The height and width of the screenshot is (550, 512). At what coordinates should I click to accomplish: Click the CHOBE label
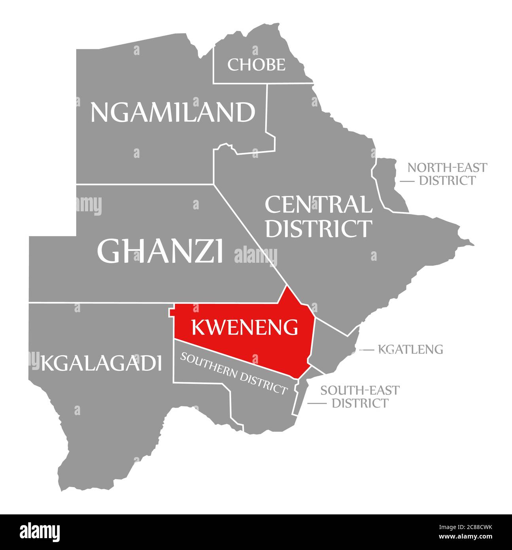click(x=256, y=64)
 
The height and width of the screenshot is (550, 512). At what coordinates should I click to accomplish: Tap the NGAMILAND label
click(x=173, y=112)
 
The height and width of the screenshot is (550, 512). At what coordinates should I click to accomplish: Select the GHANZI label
click(x=160, y=251)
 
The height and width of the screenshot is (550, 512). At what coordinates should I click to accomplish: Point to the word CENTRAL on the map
click(x=318, y=205)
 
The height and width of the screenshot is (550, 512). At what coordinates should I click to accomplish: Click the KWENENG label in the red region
click(x=244, y=327)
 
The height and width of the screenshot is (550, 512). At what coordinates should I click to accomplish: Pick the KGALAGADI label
click(x=101, y=363)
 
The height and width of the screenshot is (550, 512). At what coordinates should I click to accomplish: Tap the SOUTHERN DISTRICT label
click(x=233, y=373)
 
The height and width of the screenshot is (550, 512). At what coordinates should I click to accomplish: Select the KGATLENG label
click(x=410, y=349)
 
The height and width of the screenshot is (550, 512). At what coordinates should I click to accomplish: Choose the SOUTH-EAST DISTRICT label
click(x=360, y=396)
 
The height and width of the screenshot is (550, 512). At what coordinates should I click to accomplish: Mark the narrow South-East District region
click(x=300, y=396)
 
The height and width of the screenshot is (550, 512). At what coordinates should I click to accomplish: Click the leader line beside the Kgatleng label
click(x=367, y=350)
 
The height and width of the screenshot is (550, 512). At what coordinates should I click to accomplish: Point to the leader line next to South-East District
click(x=317, y=403)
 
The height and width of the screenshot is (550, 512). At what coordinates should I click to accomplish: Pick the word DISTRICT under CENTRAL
click(x=318, y=228)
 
